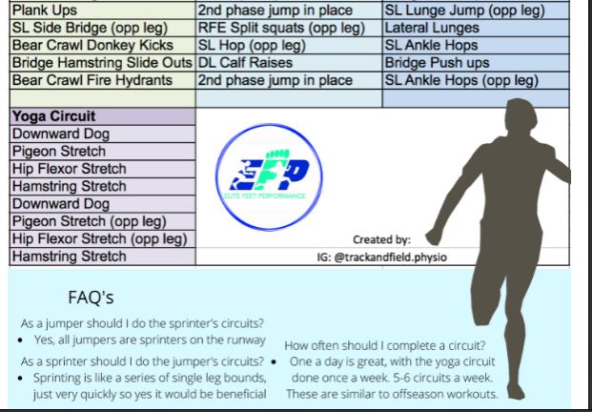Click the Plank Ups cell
pos(100,10)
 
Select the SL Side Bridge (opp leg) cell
pos(100,28)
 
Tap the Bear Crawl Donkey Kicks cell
pos(100,45)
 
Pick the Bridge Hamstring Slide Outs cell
pos(100,62)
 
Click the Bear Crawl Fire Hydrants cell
pos(100,80)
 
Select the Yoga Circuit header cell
pos(100,117)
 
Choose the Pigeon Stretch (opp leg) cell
pos(100,221)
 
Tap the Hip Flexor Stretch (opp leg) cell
pos(100,238)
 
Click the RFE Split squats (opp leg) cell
pos(288,28)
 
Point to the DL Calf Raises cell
pos(288,62)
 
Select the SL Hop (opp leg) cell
pos(288,45)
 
